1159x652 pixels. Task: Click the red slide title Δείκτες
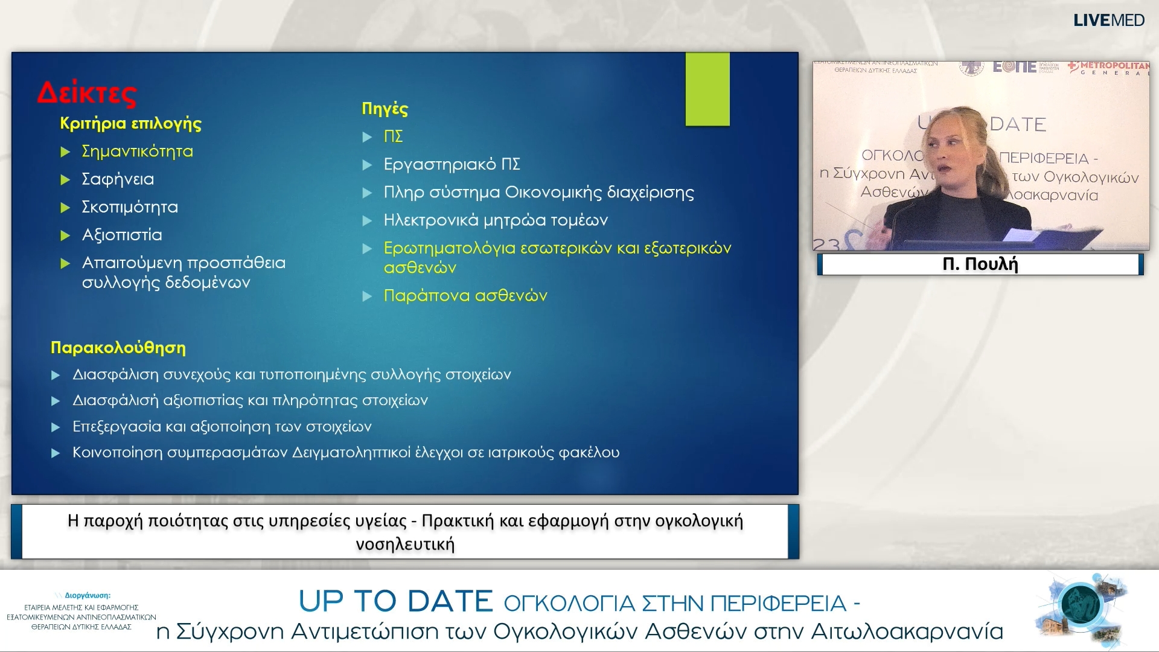point(88,93)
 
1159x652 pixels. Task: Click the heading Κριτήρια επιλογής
point(130,123)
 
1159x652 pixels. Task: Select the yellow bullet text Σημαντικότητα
point(137,151)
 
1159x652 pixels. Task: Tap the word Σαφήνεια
point(118,179)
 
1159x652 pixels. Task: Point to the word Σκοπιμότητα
point(130,207)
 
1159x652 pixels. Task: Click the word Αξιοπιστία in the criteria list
point(122,235)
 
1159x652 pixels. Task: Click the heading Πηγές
point(385,109)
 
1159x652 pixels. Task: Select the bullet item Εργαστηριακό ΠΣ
point(452,164)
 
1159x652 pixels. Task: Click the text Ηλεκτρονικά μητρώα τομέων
point(496,220)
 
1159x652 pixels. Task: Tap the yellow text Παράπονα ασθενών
point(465,296)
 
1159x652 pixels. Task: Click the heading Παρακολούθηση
point(118,348)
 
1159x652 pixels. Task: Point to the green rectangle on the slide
point(707,89)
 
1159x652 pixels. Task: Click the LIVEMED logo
point(1108,21)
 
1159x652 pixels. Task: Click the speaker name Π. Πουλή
point(980,264)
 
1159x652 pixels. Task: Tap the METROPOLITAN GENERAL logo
point(1110,68)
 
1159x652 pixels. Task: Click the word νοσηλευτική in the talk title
point(404,545)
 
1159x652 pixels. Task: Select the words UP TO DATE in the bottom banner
point(395,601)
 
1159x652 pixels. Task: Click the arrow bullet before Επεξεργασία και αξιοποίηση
point(56,427)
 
